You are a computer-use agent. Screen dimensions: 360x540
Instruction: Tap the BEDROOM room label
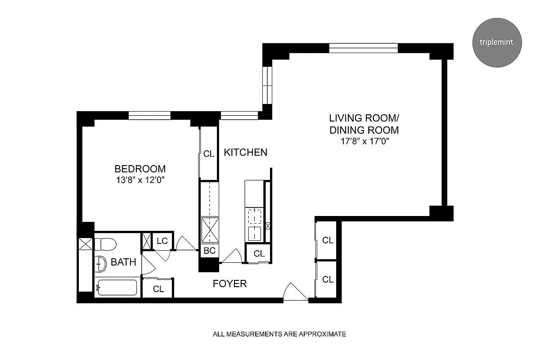(x=140, y=169)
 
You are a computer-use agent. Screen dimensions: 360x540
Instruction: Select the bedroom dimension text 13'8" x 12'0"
(x=140, y=180)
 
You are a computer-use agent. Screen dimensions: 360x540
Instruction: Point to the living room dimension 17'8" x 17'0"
(x=364, y=142)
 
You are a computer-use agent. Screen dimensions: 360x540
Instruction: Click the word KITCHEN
(x=246, y=153)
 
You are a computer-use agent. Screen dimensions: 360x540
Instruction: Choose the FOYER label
(x=229, y=283)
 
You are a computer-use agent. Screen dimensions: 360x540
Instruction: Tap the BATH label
(x=123, y=262)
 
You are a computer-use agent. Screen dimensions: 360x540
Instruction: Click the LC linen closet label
(x=162, y=241)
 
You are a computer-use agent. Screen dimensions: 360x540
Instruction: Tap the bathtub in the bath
(x=117, y=288)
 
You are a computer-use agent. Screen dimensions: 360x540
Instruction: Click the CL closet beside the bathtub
(x=158, y=289)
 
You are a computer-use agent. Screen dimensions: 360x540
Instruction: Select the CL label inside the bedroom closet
(x=209, y=154)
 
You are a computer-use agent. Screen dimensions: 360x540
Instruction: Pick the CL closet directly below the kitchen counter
(x=259, y=253)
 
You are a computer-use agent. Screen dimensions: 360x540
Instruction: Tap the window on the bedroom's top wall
(x=149, y=116)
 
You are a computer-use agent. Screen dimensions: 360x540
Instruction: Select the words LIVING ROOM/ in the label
(x=364, y=118)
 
